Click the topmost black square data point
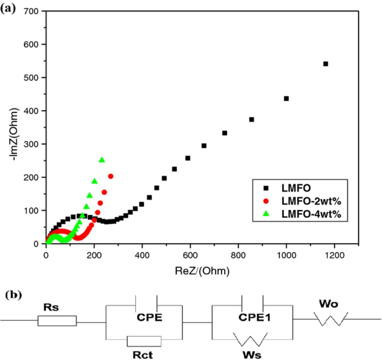click(326, 64)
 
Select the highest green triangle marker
click(102, 160)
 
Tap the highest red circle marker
click(111, 176)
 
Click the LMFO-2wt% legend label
click(311, 201)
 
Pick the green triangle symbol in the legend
click(266, 214)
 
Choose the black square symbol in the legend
click(266, 188)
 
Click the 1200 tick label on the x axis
click(334, 256)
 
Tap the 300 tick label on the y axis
click(31, 144)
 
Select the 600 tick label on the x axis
click(190, 256)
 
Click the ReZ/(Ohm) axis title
click(202, 271)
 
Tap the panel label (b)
click(13, 295)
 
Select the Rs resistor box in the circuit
click(57, 321)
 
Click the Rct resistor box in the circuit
click(144, 341)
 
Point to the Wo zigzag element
click(331, 319)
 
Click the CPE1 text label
click(255, 317)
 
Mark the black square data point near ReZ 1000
click(286, 99)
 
